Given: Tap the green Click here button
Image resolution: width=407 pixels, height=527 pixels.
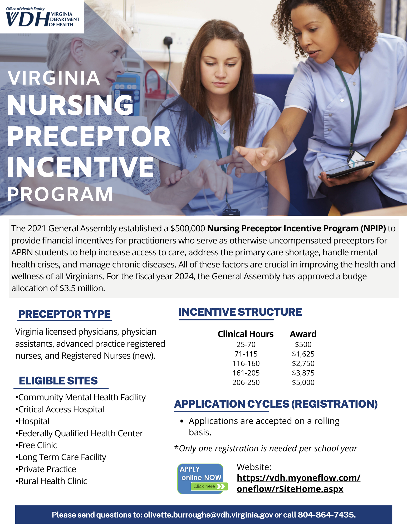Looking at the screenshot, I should click(209, 486).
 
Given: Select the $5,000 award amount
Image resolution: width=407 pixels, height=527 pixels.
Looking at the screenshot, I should click(303, 382).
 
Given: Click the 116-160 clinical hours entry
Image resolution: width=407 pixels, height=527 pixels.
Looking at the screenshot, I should click(246, 363).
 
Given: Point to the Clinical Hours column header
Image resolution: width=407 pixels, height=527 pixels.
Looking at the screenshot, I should click(246, 334).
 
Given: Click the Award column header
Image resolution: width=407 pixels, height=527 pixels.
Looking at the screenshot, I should click(303, 334).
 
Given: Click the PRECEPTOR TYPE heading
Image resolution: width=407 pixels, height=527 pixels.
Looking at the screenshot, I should click(64, 314).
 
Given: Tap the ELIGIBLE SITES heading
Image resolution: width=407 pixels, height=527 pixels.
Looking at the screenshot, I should click(58, 381).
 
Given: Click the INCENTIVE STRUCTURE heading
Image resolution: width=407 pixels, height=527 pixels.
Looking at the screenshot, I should click(240, 312).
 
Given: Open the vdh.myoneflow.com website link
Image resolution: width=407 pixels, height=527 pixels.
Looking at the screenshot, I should click(298, 483).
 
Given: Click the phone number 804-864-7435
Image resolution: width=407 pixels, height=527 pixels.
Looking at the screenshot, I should click(326, 515).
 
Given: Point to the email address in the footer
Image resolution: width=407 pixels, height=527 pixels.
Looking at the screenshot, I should click(208, 515).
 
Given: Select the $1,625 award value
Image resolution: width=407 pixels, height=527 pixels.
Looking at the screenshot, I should click(303, 354).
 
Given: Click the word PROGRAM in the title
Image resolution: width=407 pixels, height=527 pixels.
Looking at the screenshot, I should click(60, 194).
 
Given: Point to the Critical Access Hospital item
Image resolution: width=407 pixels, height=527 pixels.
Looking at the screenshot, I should click(61, 409).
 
